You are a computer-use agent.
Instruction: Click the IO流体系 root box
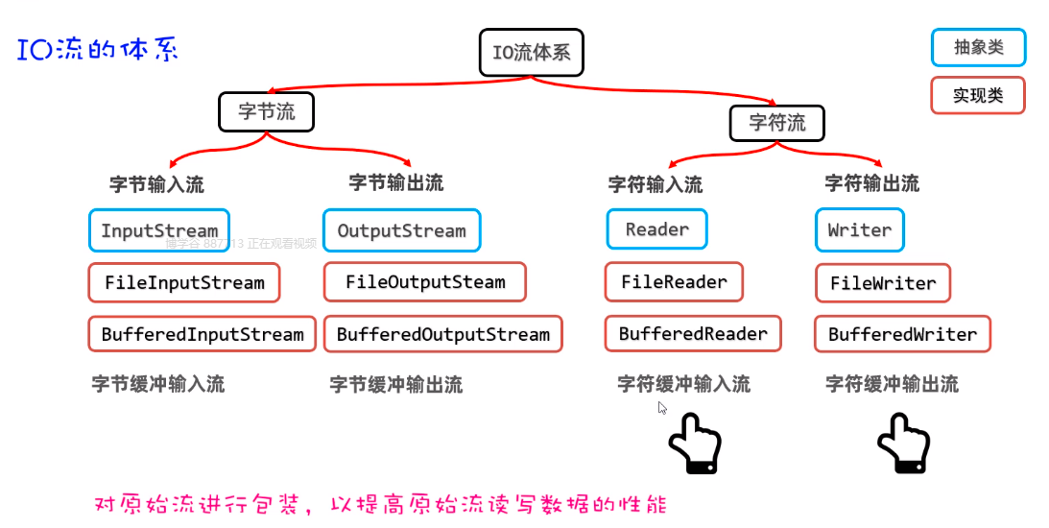coord(531,52)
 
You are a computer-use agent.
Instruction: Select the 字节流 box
coord(267,112)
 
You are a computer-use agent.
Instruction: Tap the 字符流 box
coord(777,123)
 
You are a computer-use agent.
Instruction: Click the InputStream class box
coord(159,231)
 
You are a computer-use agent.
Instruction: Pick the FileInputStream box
coord(184,283)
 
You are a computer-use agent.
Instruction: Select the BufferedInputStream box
coord(203,334)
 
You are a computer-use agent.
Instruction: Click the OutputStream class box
coord(401,231)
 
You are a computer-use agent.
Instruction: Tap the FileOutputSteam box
coord(424,282)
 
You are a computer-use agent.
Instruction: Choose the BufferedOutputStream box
coord(442,334)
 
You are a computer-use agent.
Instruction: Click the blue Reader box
coord(656,229)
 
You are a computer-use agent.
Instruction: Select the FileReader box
coord(674,282)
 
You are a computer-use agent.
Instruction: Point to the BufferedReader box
coord(693,334)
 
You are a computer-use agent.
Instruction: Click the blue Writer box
coord(859,230)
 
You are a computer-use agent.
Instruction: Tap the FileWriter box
coord(882,283)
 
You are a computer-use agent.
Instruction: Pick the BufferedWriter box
coord(902,335)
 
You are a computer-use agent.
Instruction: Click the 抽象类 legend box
coord(978,47)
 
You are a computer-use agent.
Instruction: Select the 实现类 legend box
coord(978,95)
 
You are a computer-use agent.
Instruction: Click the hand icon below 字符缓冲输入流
coord(694,443)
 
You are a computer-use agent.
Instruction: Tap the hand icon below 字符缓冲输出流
coord(903,443)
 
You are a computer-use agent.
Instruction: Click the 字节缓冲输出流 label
coord(395,385)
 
